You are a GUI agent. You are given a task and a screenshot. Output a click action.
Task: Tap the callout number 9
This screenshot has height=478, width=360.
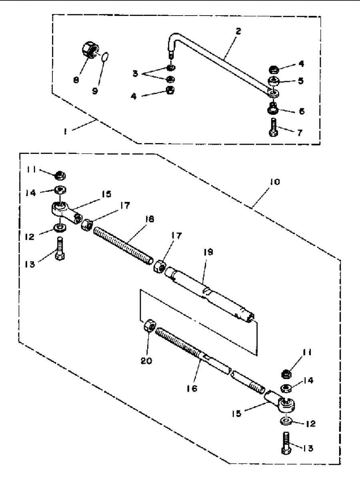[95, 91]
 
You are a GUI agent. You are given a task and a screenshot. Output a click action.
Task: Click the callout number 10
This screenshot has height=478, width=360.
[274, 182]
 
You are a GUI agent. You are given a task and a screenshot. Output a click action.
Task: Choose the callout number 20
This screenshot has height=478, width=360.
[146, 360]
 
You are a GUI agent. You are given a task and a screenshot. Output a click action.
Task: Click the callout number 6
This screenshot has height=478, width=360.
[302, 111]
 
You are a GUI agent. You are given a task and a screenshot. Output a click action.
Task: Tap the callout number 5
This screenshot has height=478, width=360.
[300, 81]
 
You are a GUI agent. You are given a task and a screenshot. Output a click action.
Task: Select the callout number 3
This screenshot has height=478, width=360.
[135, 74]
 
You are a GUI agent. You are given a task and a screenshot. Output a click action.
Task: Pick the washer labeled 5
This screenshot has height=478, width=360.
[274, 82]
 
